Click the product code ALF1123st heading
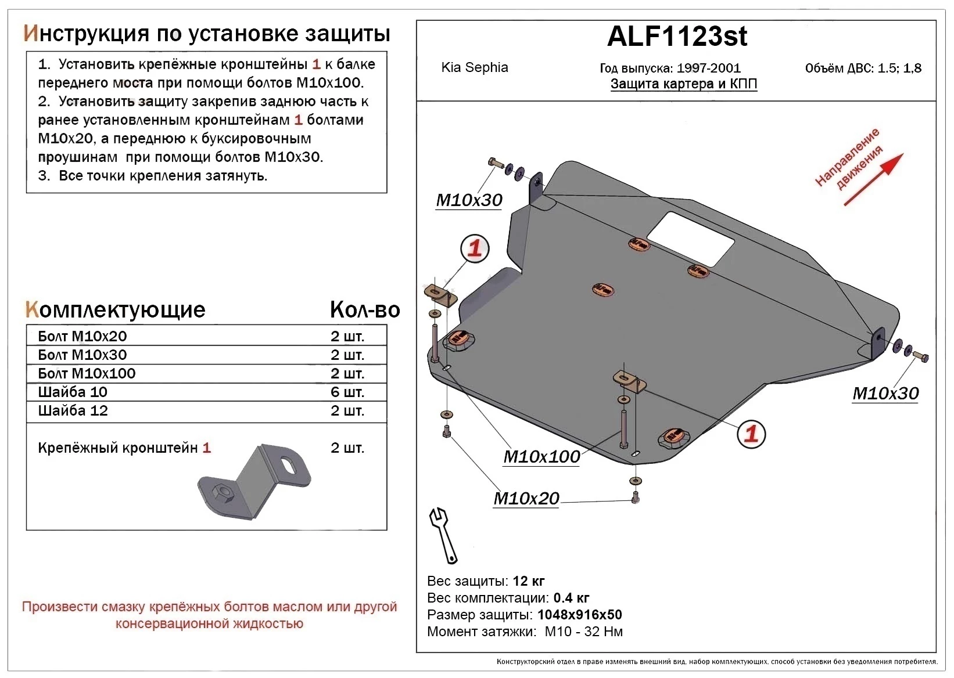coord(677,37)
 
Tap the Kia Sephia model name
coord(474,67)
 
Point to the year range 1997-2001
coord(708,68)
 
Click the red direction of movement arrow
coord(873,179)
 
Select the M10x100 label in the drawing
coord(541,457)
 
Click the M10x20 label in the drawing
coord(526,499)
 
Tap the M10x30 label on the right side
coord(885,394)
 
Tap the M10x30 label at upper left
coord(469,200)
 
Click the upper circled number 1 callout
coord(475,249)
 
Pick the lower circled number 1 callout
coord(751,434)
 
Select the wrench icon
coord(443,535)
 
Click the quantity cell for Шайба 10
coord(347,392)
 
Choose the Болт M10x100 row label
coord(87,374)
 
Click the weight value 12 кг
coord(528,581)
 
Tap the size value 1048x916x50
coord(579,615)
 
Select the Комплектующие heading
coord(115,310)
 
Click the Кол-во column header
coord(364,310)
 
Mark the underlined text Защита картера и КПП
coord(683,84)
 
